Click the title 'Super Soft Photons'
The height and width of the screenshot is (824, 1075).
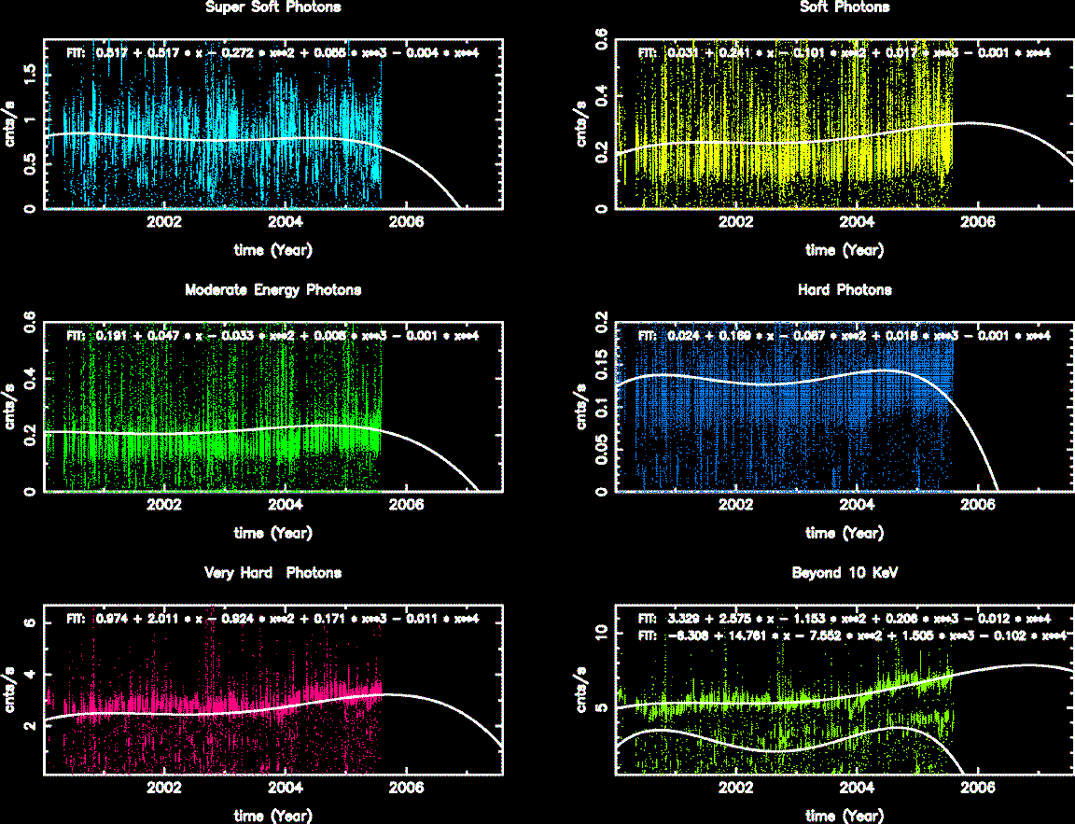pos(272,7)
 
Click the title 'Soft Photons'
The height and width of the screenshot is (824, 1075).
pos(845,7)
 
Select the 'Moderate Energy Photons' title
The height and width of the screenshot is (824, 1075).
pos(272,290)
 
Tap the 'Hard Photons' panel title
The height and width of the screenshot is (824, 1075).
pos(845,290)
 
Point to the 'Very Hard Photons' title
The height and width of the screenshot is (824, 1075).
pos(272,573)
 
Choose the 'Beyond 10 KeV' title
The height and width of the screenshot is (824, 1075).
pos(845,573)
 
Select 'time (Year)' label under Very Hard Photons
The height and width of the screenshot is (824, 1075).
pos(272,816)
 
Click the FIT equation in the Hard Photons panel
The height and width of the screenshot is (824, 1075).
pos(845,336)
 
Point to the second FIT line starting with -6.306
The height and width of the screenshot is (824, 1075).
pos(851,635)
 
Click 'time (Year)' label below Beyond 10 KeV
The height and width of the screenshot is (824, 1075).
pos(845,816)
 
